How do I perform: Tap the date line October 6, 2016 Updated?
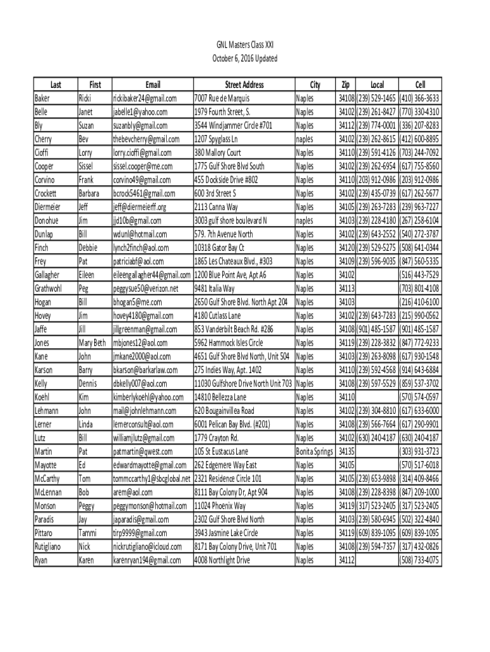tap(245, 59)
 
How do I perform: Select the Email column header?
tap(153, 85)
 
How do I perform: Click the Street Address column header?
tap(244, 85)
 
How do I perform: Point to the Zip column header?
tap(346, 85)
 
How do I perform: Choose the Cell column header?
tap(420, 85)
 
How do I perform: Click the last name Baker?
tap(43, 99)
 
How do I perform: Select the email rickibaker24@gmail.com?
tap(144, 99)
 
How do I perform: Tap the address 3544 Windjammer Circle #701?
tap(234, 125)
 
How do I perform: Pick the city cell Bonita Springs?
tap(314, 451)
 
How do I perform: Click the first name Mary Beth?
tap(92, 343)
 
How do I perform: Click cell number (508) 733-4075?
tap(419, 560)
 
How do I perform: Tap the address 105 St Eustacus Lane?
tap(221, 451)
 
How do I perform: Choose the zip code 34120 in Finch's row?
tap(346, 248)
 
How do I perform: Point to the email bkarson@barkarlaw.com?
tap(145, 370)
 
